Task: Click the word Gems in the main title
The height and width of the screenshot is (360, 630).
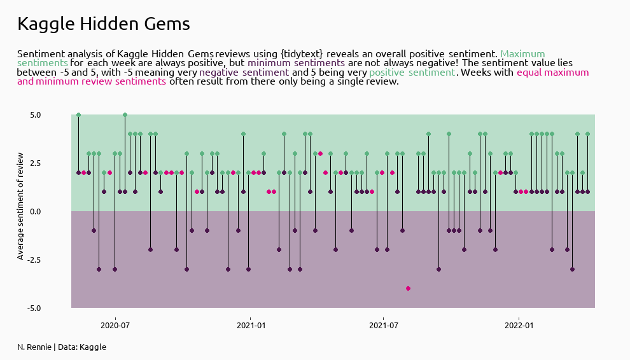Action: point(167,24)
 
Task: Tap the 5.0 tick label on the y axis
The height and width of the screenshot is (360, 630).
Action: point(34,115)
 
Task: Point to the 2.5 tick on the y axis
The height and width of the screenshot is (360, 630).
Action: point(34,163)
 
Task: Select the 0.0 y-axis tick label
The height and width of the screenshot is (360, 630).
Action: point(34,212)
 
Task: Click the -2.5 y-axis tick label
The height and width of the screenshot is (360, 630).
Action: point(32,260)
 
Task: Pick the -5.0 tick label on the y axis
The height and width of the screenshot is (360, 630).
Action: point(32,308)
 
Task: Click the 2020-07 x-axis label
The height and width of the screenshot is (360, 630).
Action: point(115,325)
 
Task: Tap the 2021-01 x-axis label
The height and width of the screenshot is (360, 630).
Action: point(250,325)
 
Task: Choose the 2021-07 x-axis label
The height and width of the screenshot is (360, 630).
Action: point(383,325)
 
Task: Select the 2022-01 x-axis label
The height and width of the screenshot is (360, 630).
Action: point(519,325)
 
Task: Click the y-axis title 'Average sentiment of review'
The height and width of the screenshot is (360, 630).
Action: point(20,206)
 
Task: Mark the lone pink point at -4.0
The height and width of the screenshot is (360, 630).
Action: point(408,288)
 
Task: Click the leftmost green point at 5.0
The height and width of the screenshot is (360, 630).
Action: point(78,115)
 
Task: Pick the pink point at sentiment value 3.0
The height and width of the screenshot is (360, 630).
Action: point(320,153)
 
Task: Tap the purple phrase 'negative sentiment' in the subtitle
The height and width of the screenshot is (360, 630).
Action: point(244,73)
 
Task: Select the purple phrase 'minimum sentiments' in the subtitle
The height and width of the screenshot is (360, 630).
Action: point(296,63)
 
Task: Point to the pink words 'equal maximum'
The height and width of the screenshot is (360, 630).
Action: point(552,73)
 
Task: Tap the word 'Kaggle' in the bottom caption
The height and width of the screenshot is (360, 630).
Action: point(93,347)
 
